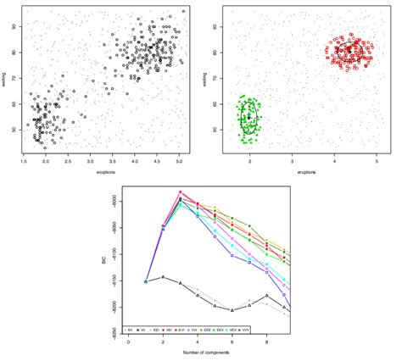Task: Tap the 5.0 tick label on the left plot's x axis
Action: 179,161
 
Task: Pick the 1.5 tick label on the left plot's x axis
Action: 26,161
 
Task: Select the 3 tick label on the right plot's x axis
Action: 293,161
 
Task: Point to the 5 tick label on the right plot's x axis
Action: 377,161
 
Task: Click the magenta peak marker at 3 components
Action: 180,192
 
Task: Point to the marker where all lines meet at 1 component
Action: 146,281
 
